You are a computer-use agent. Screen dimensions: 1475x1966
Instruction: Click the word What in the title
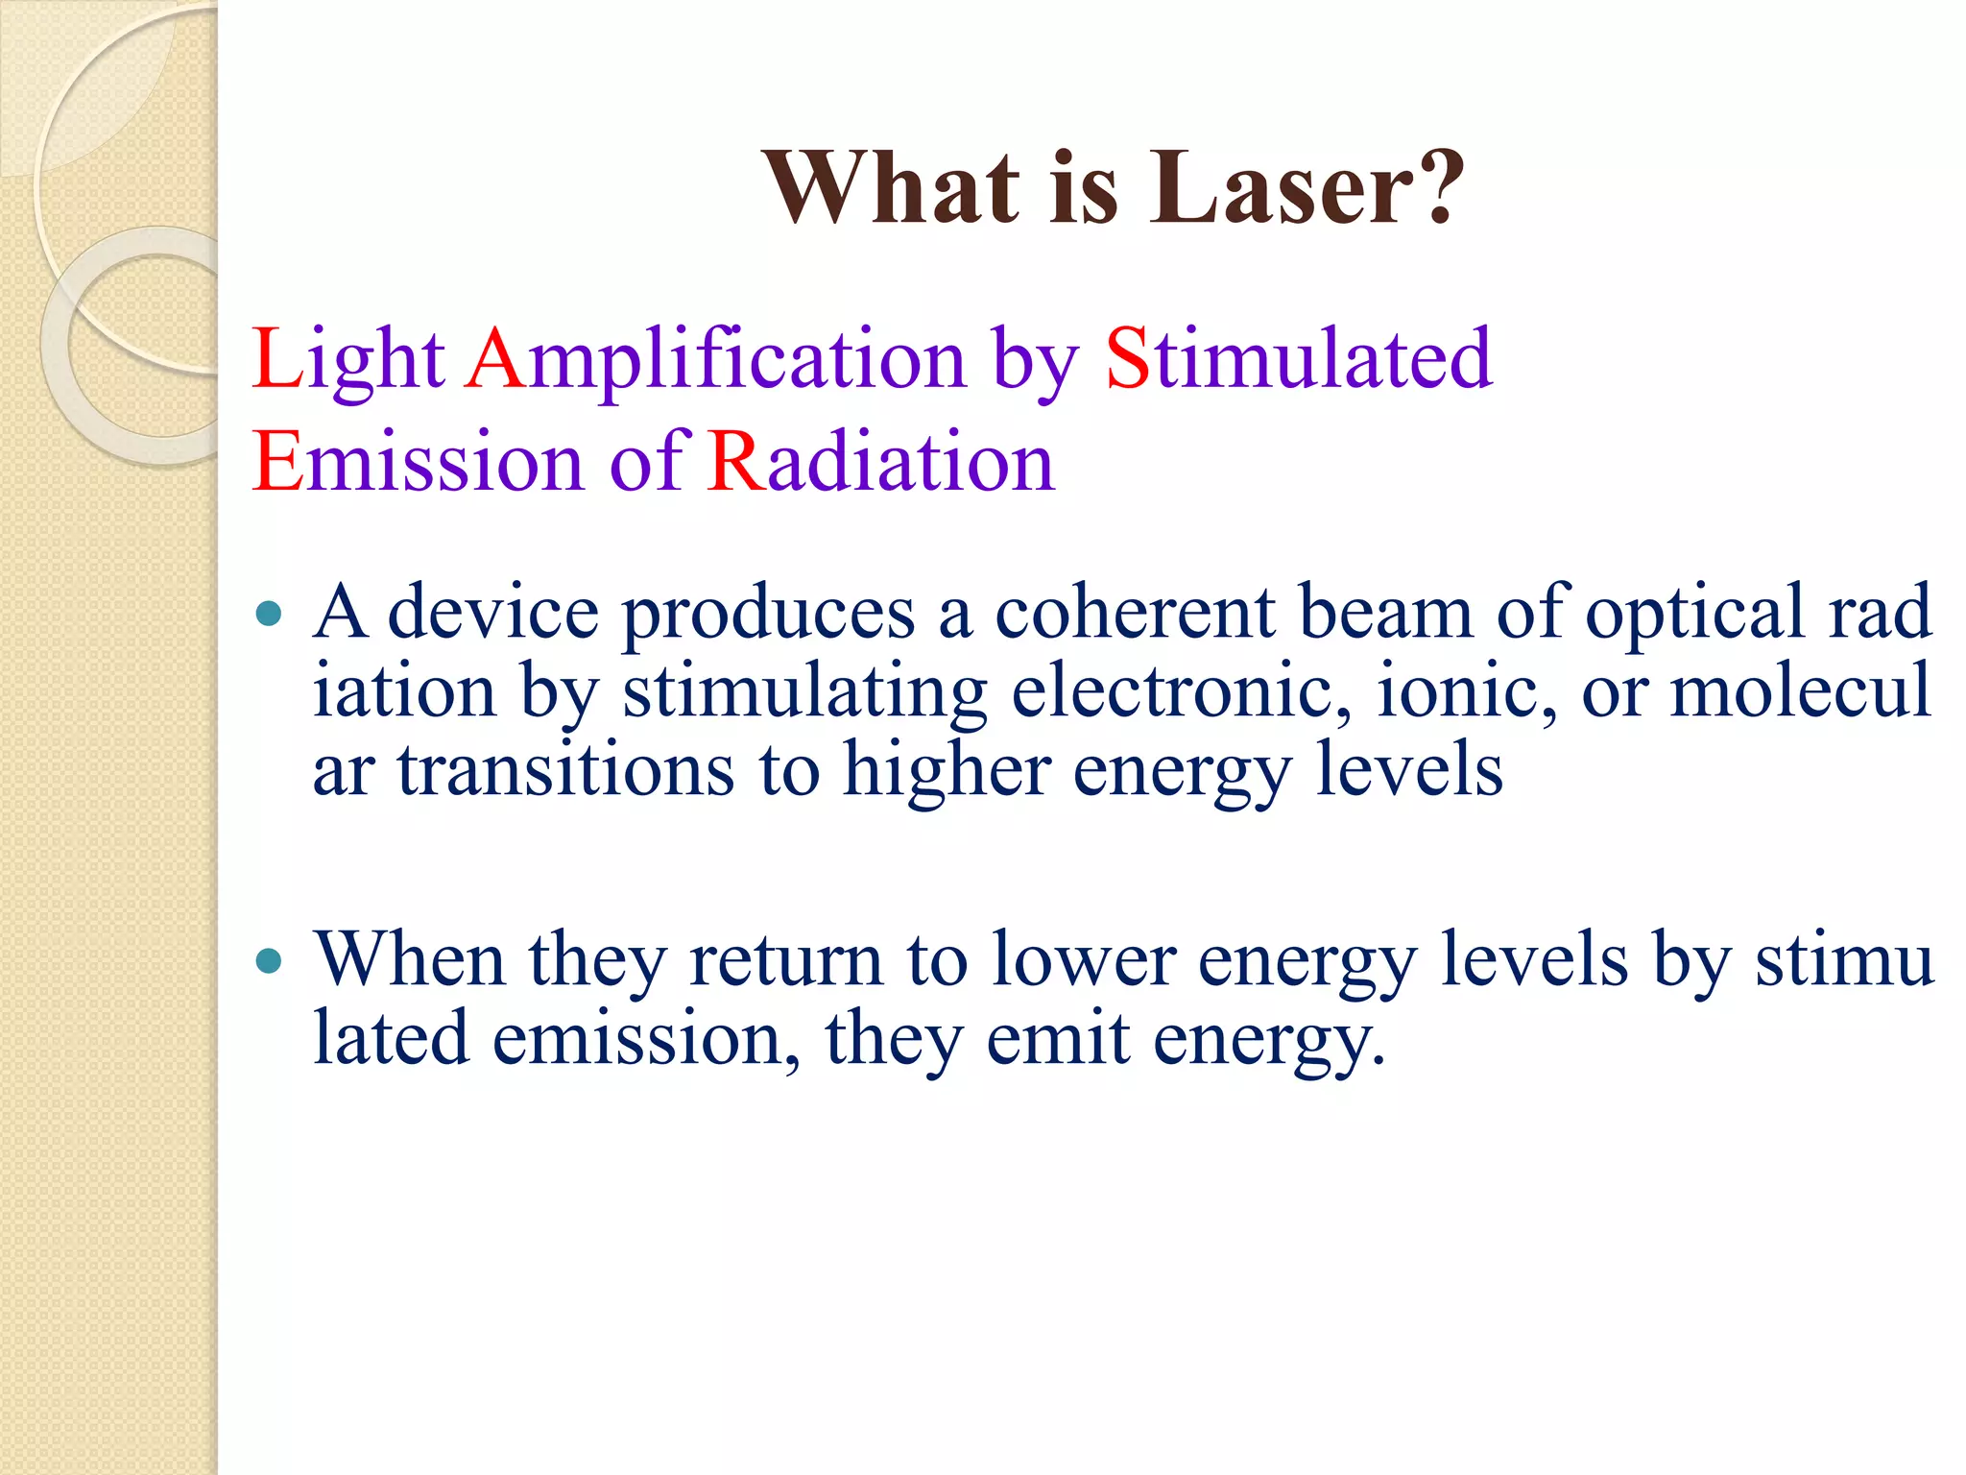click(892, 189)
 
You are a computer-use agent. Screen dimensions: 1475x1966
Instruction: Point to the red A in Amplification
click(494, 358)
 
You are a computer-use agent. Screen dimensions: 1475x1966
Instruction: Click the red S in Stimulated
click(1127, 358)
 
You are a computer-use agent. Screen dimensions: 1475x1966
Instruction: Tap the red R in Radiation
click(736, 462)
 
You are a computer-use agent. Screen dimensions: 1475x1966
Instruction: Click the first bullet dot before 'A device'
click(270, 613)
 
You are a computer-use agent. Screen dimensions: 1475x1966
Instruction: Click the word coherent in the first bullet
click(1135, 613)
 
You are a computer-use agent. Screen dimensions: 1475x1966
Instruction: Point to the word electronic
click(1181, 691)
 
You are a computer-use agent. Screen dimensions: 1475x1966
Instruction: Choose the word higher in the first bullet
click(946, 771)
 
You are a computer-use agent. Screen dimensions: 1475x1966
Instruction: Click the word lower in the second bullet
click(1084, 959)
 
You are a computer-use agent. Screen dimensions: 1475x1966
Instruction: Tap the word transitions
click(566, 771)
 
